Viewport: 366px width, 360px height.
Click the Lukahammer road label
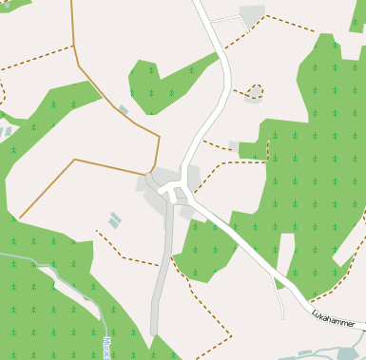coord(334,318)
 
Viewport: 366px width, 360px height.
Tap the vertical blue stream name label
coord(106,347)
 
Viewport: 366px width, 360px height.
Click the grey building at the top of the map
coord(253,15)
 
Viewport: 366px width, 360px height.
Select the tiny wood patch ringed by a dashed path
coord(254,91)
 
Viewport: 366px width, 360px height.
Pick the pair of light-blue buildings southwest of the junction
coord(115,220)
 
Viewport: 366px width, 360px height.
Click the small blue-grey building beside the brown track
coord(124,110)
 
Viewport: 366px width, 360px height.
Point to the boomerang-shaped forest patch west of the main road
coord(162,85)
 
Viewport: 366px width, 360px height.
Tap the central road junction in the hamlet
coord(175,192)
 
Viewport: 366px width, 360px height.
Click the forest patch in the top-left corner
coord(14,5)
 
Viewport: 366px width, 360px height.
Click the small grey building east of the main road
coord(234,146)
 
